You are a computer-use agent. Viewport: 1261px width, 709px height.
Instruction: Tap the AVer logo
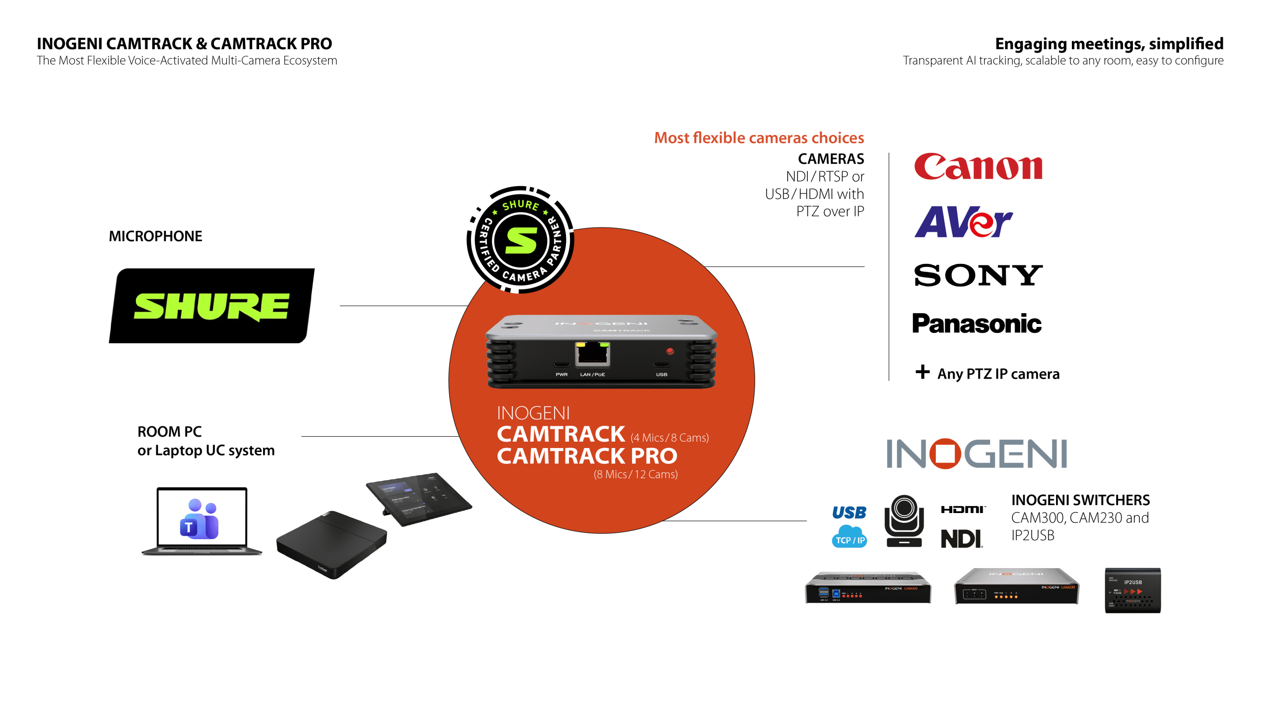click(x=963, y=222)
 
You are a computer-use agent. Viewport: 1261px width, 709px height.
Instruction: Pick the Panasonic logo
click(x=977, y=323)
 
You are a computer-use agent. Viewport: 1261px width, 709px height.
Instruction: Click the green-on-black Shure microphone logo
click(x=211, y=306)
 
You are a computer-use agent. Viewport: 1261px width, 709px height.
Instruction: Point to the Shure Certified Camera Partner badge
click(x=521, y=240)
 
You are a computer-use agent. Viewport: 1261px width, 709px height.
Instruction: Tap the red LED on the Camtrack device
click(x=670, y=351)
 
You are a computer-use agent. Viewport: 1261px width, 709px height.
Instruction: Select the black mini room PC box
click(x=332, y=544)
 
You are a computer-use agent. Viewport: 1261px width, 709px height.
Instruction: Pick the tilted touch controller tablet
click(x=419, y=498)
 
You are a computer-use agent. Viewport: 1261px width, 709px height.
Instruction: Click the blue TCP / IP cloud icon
click(x=849, y=537)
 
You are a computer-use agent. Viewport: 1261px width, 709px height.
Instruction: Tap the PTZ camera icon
click(x=904, y=521)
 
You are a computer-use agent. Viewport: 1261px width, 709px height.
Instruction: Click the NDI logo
click(x=962, y=539)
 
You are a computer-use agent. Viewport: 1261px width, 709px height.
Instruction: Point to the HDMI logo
click(x=963, y=510)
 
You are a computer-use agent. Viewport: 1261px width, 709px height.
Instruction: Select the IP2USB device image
click(x=1132, y=590)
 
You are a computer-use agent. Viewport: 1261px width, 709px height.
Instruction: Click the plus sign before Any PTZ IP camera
click(x=923, y=372)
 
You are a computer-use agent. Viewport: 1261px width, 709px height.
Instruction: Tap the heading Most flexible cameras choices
click(x=759, y=138)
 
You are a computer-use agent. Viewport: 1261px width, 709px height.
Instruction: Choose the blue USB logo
click(x=849, y=513)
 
